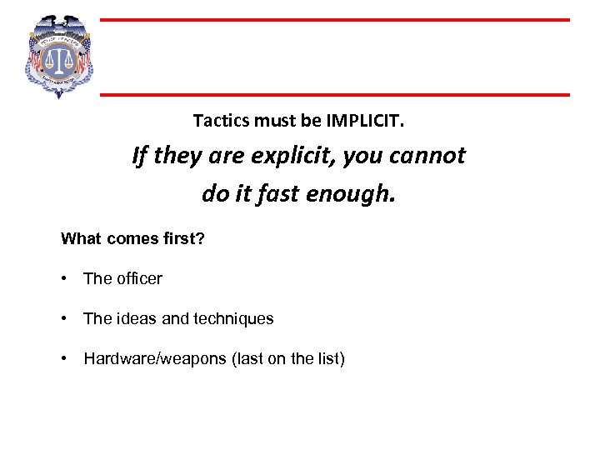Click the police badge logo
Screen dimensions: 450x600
point(59,57)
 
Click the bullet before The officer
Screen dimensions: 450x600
point(64,279)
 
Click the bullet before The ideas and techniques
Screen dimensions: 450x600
point(64,319)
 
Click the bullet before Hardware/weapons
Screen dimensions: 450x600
point(64,359)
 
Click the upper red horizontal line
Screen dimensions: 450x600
point(333,20)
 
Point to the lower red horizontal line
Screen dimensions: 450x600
point(333,94)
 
